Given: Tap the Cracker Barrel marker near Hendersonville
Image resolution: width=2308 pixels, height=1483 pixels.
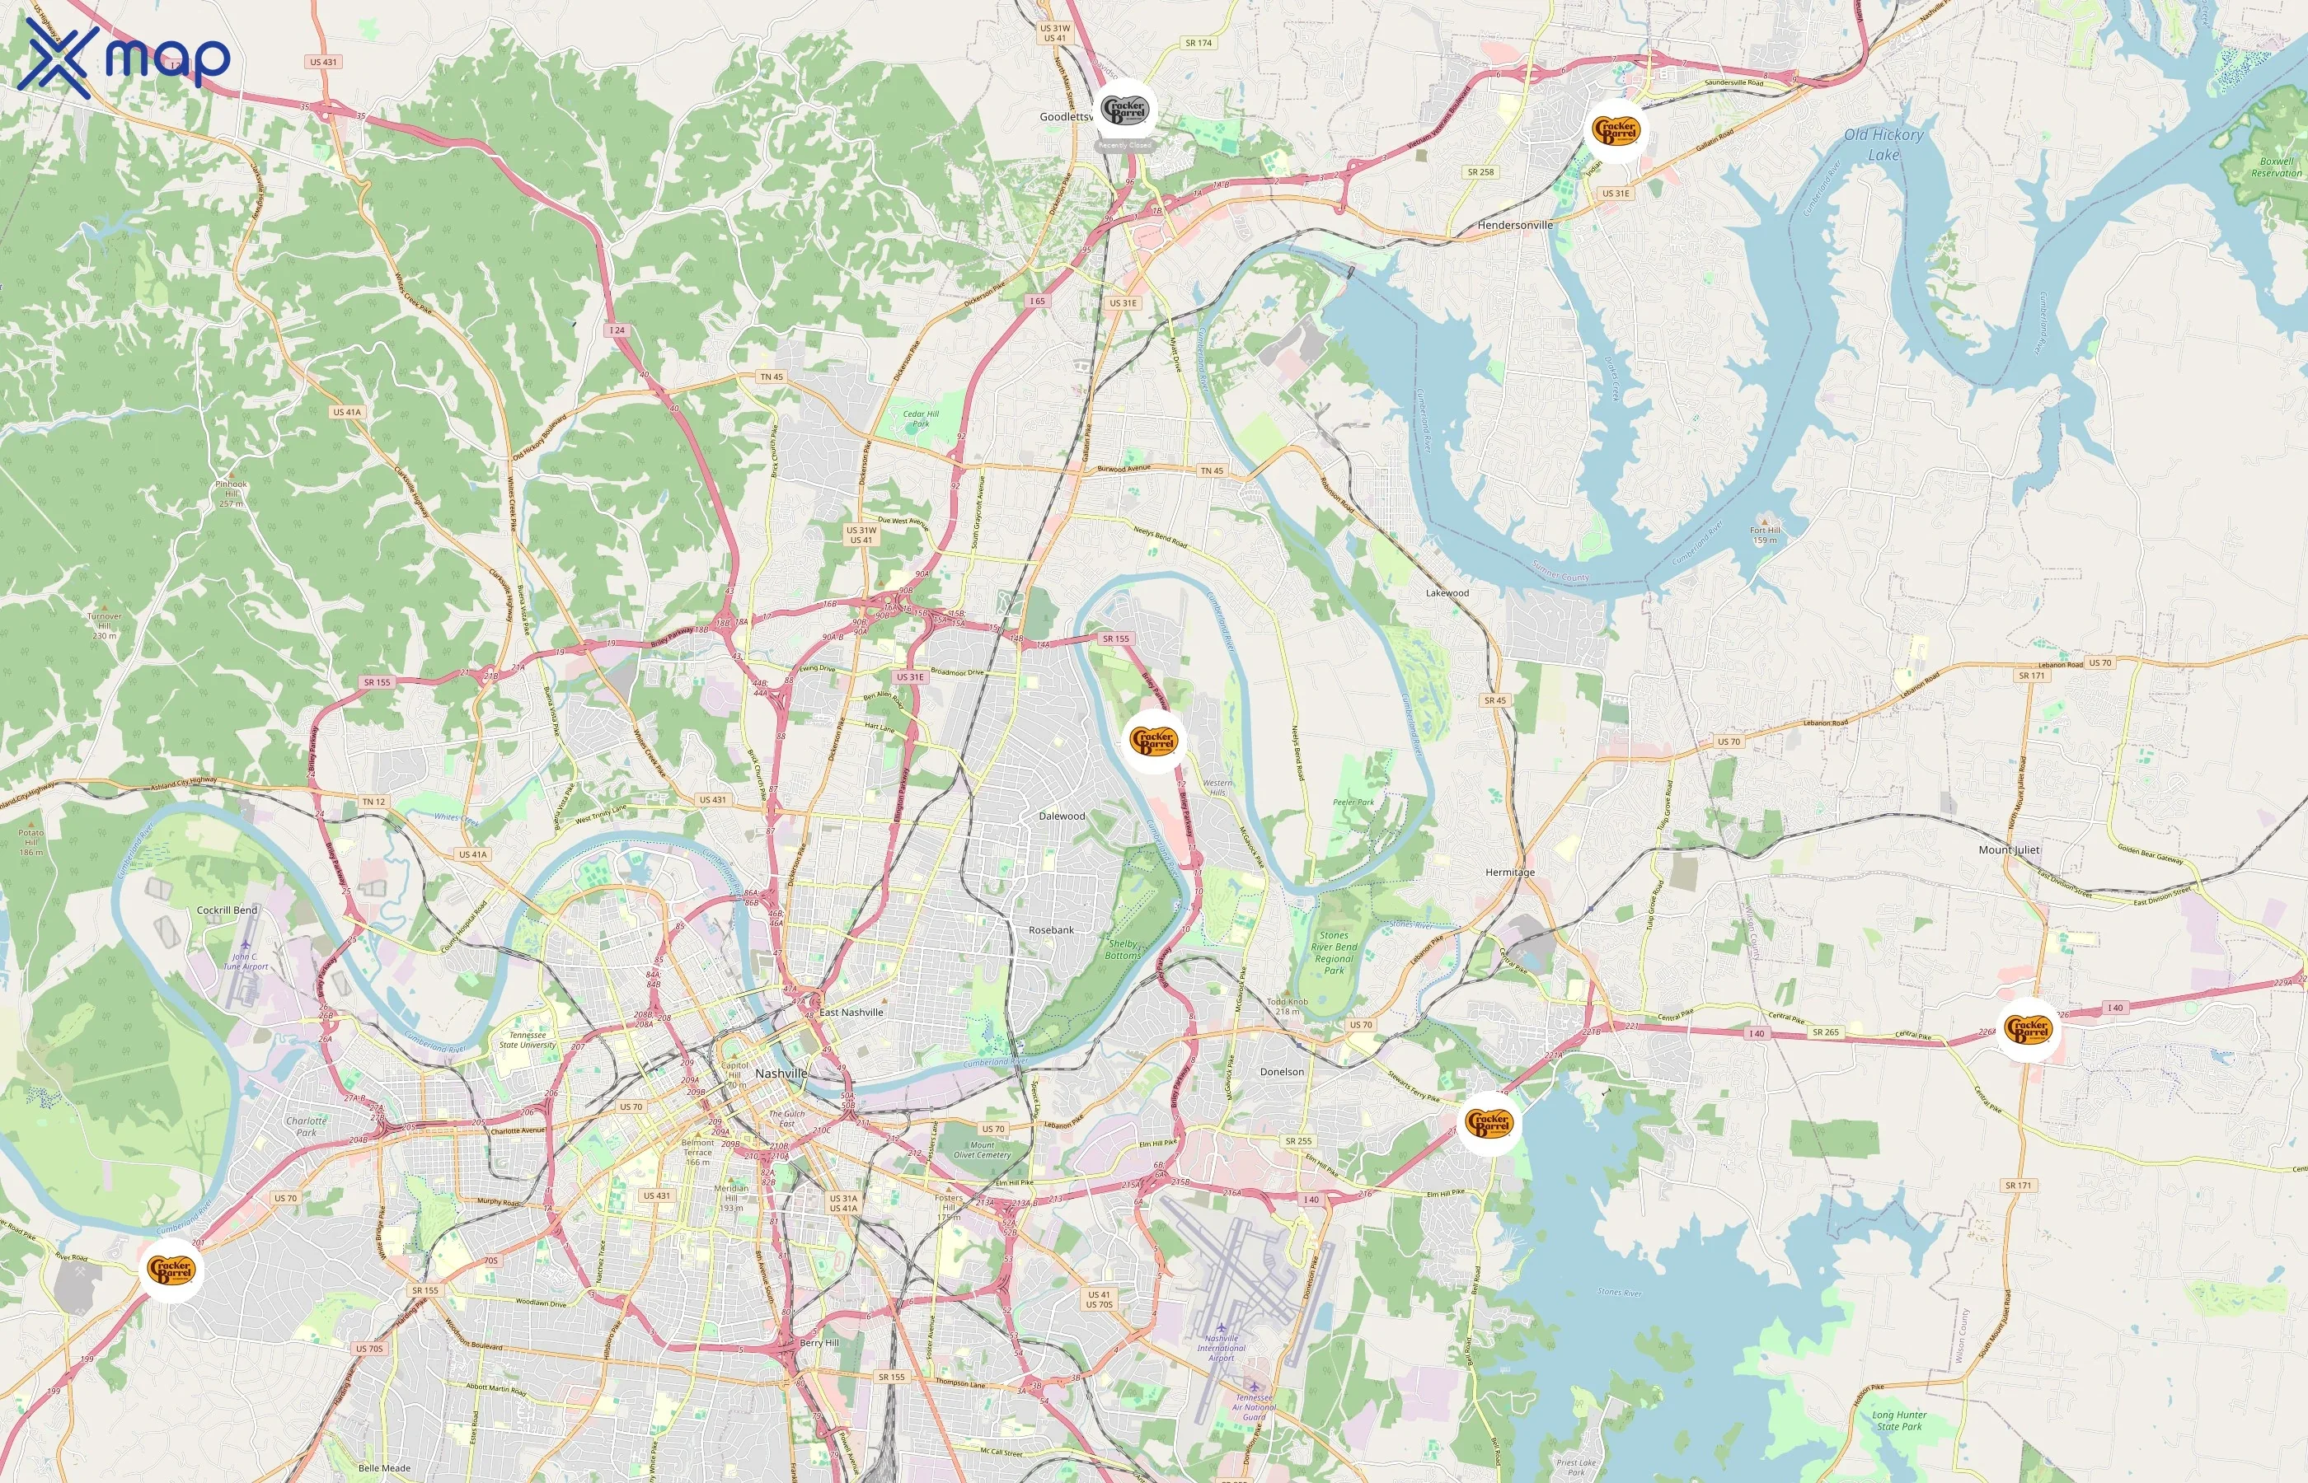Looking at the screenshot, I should [1615, 129].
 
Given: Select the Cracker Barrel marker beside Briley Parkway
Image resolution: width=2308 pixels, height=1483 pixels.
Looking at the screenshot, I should [1154, 741].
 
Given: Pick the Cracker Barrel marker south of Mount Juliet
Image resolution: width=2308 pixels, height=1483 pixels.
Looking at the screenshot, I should [2028, 1029].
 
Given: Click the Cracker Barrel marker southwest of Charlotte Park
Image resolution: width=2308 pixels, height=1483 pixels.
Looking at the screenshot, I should [171, 1270].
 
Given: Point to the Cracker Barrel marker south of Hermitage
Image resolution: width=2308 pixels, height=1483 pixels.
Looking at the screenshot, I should [1489, 1122].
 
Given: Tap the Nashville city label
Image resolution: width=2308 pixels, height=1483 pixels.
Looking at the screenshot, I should [781, 1074].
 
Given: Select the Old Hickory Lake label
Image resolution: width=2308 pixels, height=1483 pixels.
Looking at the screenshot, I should [1883, 144].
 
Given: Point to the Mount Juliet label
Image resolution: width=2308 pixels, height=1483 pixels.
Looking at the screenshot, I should [2009, 849].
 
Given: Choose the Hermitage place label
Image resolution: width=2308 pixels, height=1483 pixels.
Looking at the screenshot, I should [1509, 872].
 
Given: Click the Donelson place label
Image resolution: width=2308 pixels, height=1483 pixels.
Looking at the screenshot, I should [1281, 1072].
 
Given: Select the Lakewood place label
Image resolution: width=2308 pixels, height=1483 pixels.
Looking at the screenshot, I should [1447, 593].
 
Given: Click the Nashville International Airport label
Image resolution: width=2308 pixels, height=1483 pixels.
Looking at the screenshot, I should [1222, 1347].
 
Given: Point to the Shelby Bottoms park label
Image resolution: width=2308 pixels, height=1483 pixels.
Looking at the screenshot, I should [1122, 949].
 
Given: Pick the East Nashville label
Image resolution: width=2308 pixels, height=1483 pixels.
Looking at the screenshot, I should [851, 1012].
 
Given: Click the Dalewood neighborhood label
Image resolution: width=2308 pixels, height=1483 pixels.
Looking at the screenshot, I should [1062, 816].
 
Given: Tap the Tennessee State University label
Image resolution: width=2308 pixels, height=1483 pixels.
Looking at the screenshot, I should [527, 1040].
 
